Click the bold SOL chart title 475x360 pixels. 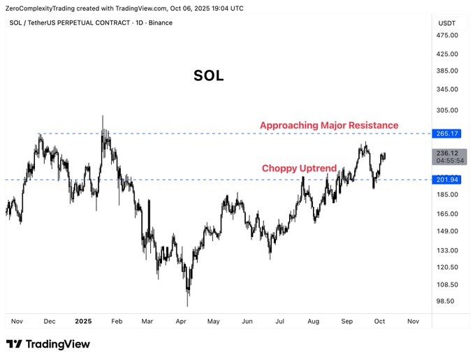coord(208,76)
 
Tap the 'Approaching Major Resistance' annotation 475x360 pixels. coord(329,125)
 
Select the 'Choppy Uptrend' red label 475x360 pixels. coord(299,168)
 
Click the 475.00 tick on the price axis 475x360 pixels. coord(446,36)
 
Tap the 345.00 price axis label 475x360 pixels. coord(446,89)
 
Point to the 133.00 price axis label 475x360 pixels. coord(446,250)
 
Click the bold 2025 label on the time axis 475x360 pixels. coord(83,321)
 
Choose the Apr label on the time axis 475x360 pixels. coord(181,321)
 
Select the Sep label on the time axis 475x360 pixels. coord(347,321)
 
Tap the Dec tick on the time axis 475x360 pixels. coord(50,321)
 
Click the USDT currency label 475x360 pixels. coord(446,23)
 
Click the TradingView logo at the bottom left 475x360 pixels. coord(48,344)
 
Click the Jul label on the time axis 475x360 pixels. coord(279,321)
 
